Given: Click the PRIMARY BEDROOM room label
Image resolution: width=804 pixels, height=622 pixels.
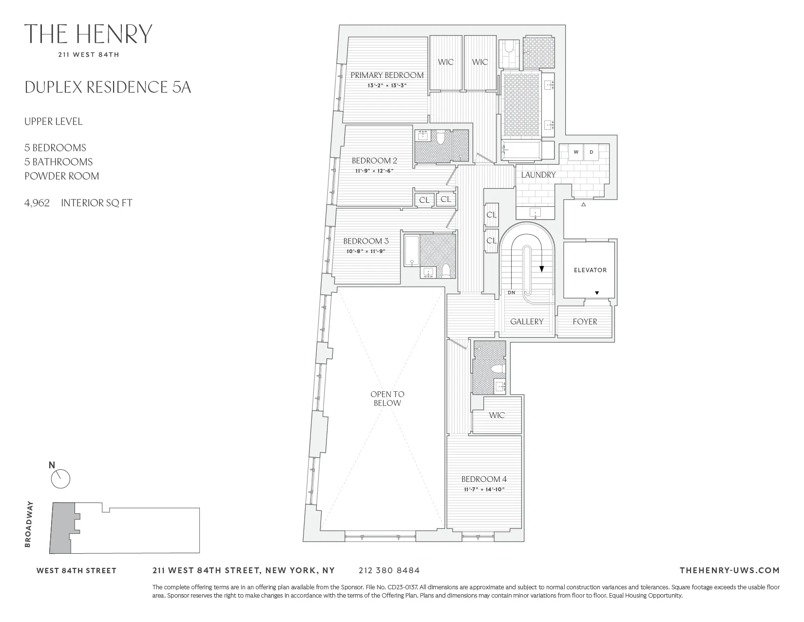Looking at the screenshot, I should pyautogui.click(x=387, y=75).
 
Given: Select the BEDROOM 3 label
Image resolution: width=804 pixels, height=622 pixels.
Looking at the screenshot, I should pyautogui.click(x=365, y=241).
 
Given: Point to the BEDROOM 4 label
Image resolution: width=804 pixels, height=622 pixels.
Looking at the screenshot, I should pyautogui.click(x=484, y=479).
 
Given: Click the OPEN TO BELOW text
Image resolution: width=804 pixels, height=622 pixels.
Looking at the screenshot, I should pyautogui.click(x=387, y=399).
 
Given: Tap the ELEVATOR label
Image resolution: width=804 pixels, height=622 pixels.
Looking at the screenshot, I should pyautogui.click(x=590, y=270).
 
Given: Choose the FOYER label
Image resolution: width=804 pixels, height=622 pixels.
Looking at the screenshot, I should pyautogui.click(x=585, y=321).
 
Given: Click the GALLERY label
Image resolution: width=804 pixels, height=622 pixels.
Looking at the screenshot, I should pyautogui.click(x=526, y=321).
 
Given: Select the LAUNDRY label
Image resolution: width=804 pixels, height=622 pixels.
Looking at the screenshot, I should pyautogui.click(x=538, y=175).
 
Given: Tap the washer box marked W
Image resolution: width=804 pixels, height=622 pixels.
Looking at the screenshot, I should pyautogui.click(x=576, y=152).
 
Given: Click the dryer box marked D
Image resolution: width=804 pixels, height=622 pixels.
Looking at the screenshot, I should pyautogui.click(x=592, y=152).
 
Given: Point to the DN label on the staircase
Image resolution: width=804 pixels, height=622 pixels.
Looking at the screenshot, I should pyautogui.click(x=511, y=293).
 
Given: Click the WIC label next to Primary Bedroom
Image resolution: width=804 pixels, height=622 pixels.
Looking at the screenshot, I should pyautogui.click(x=445, y=62).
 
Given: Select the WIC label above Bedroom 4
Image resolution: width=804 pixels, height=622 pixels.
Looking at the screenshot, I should pyautogui.click(x=497, y=415).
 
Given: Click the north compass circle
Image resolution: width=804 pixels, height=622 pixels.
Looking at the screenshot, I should pyautogui.click(x=61, y=479).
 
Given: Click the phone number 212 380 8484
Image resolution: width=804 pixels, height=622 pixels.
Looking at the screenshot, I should pyautogui.click(x=389, y=570).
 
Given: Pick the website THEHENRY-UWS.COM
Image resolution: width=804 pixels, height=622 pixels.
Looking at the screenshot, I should pyautogui.click(x=729, y=570).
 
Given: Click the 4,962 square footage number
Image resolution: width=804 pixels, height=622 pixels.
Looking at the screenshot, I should pyautogui.click(x=37, y=203).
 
